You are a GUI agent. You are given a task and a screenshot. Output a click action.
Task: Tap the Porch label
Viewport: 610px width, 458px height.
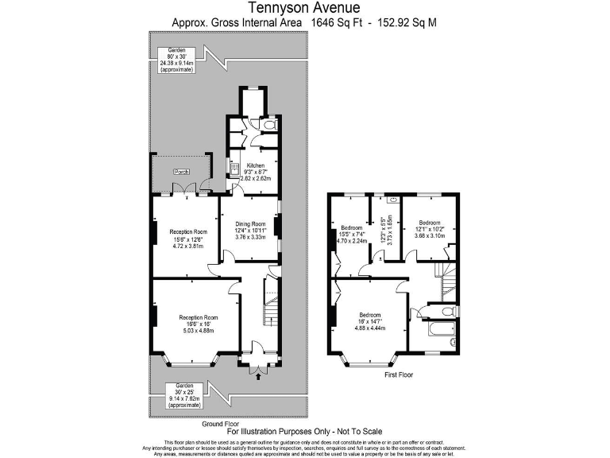click(x=181, y=171)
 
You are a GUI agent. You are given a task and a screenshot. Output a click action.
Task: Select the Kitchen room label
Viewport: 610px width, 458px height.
click(x=255, y=165)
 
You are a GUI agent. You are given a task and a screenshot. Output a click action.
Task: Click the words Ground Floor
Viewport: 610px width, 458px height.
click(x=220, y=424)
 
